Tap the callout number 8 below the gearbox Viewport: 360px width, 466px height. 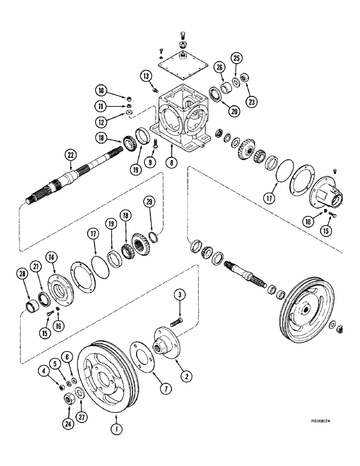coord(172,164)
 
